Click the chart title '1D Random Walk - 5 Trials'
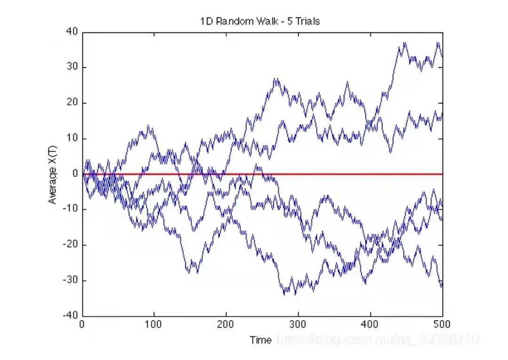pyautogui.click(x=260, y=21)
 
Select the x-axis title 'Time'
pyautogui.click(x=261, y=340)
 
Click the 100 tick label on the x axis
pyautogui.click(x=154, y=325)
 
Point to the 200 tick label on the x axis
pyautogui.click(x=226, y=325)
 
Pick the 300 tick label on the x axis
pyautogui.click(x=298, y=325)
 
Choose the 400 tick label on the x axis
pyautogui.click(x=370, y=325)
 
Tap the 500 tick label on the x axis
pyautogui.click(x=442, y=325)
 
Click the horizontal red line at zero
pyautogui.click(x=329, y=174)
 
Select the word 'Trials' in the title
pyautogui.click(x=309, y=21)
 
